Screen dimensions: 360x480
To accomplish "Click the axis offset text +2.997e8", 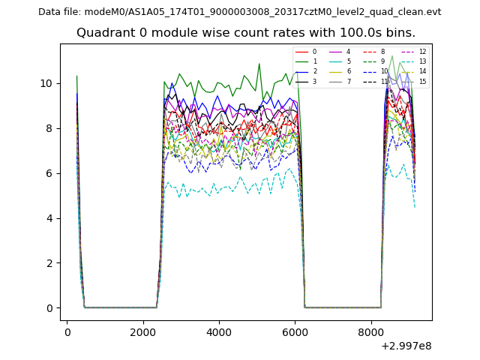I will click(x=406, y=346).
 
